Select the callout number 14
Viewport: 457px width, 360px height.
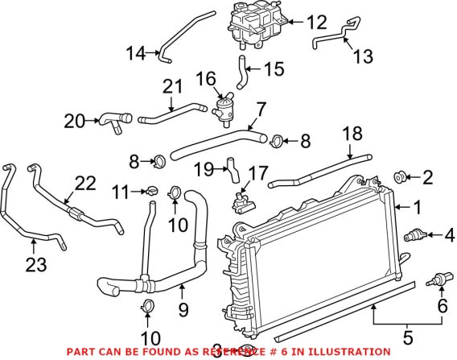point(136,54)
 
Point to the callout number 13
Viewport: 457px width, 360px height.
point(363,56)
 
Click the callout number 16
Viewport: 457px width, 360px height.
point(205,78)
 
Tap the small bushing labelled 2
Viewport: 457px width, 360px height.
point(399,176)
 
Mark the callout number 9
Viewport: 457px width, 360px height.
point(182,307)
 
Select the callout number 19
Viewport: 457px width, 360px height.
point(205,170)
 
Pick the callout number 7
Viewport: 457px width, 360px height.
point(261,108)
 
